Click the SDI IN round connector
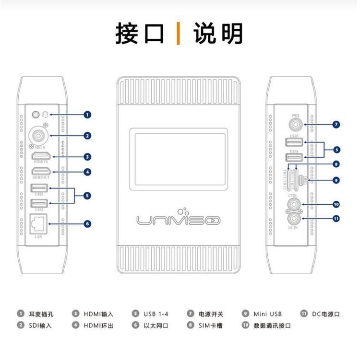click(x=38, y=135)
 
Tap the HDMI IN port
click(x=41, y=156)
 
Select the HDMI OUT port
click(x=41, y=171)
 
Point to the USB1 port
click(x=38, y=189)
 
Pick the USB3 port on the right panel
click(x=294, y=142)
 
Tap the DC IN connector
click(x=294, y=219)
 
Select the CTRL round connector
click(x=294, y=204)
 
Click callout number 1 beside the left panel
click(x=87, y=115)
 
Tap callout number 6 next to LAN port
click(x=87, y=223)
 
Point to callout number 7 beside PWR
click(x=336, y=125)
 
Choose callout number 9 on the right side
click(x=336, y=180)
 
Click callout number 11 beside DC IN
click(x=336, y=219)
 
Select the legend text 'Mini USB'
click(x=267, y=314)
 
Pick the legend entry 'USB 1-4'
click(x=156, y=314)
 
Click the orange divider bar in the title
click(x=179, y=33)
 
